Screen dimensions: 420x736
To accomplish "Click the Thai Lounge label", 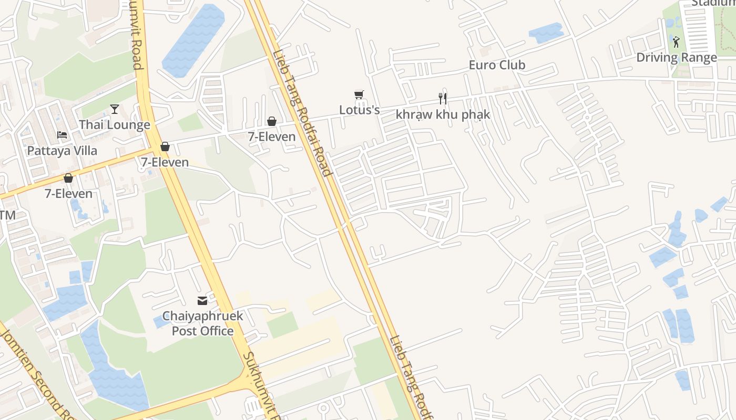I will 115,125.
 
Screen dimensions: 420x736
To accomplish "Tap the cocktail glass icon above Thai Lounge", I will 115,109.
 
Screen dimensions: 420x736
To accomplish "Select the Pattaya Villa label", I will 62,151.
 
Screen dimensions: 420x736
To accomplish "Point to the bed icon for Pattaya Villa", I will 62,135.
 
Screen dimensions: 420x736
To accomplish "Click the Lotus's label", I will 359,110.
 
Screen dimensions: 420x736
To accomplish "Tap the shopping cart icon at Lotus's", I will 359,95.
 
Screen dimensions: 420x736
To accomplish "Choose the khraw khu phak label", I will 443,114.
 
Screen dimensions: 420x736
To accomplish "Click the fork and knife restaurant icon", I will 443,98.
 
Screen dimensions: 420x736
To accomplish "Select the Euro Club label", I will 497,65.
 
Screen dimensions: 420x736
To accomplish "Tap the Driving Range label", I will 677,57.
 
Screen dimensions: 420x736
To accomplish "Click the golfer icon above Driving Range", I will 676,41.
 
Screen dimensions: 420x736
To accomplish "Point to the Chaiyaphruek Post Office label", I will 202,323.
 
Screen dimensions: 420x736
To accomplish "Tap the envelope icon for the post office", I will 202,301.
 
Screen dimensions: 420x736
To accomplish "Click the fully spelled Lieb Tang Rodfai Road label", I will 302,113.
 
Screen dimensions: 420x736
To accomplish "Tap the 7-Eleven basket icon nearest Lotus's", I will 272,121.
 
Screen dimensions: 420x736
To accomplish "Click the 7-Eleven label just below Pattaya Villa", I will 68,194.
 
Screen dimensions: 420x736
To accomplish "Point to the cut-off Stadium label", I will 712,3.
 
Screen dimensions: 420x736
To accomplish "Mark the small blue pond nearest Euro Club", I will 546,33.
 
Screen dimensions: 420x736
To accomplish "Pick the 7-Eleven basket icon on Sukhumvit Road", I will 165,146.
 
